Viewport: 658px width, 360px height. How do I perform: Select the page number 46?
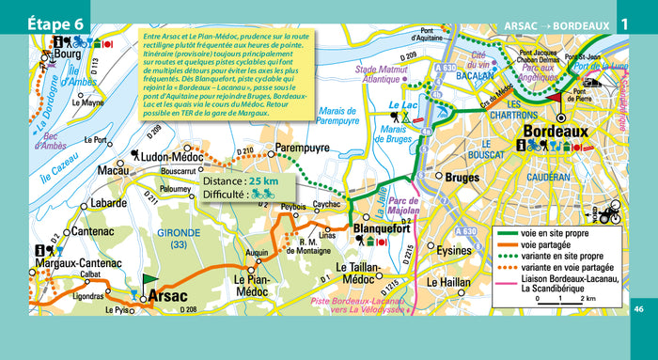(x=639, y=309)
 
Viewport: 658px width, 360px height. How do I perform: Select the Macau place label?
(x=114, y=172)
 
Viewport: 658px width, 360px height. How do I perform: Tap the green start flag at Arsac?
(x=148, y=280)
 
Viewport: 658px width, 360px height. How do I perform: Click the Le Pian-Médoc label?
(x=255, y=281)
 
